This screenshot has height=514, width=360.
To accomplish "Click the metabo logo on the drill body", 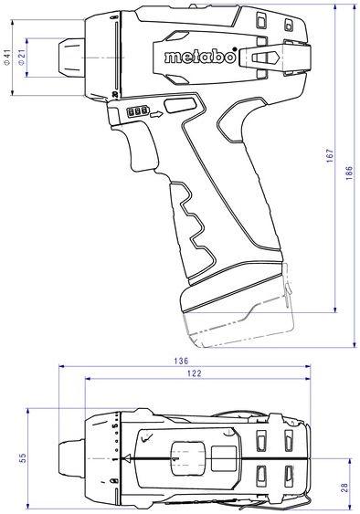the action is click(201, 56).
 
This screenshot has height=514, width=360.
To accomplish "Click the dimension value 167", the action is click(330, 156).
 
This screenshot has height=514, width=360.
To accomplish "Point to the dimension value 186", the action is click(349, 173).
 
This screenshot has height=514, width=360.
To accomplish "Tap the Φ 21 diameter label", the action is click(21, 58).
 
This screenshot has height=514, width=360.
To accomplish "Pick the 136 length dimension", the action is click(181, 361).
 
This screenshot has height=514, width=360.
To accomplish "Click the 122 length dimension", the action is click(195, 373).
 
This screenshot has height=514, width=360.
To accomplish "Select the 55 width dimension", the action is click(22, 458).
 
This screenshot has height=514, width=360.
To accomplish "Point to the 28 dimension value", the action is click(344, 488).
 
